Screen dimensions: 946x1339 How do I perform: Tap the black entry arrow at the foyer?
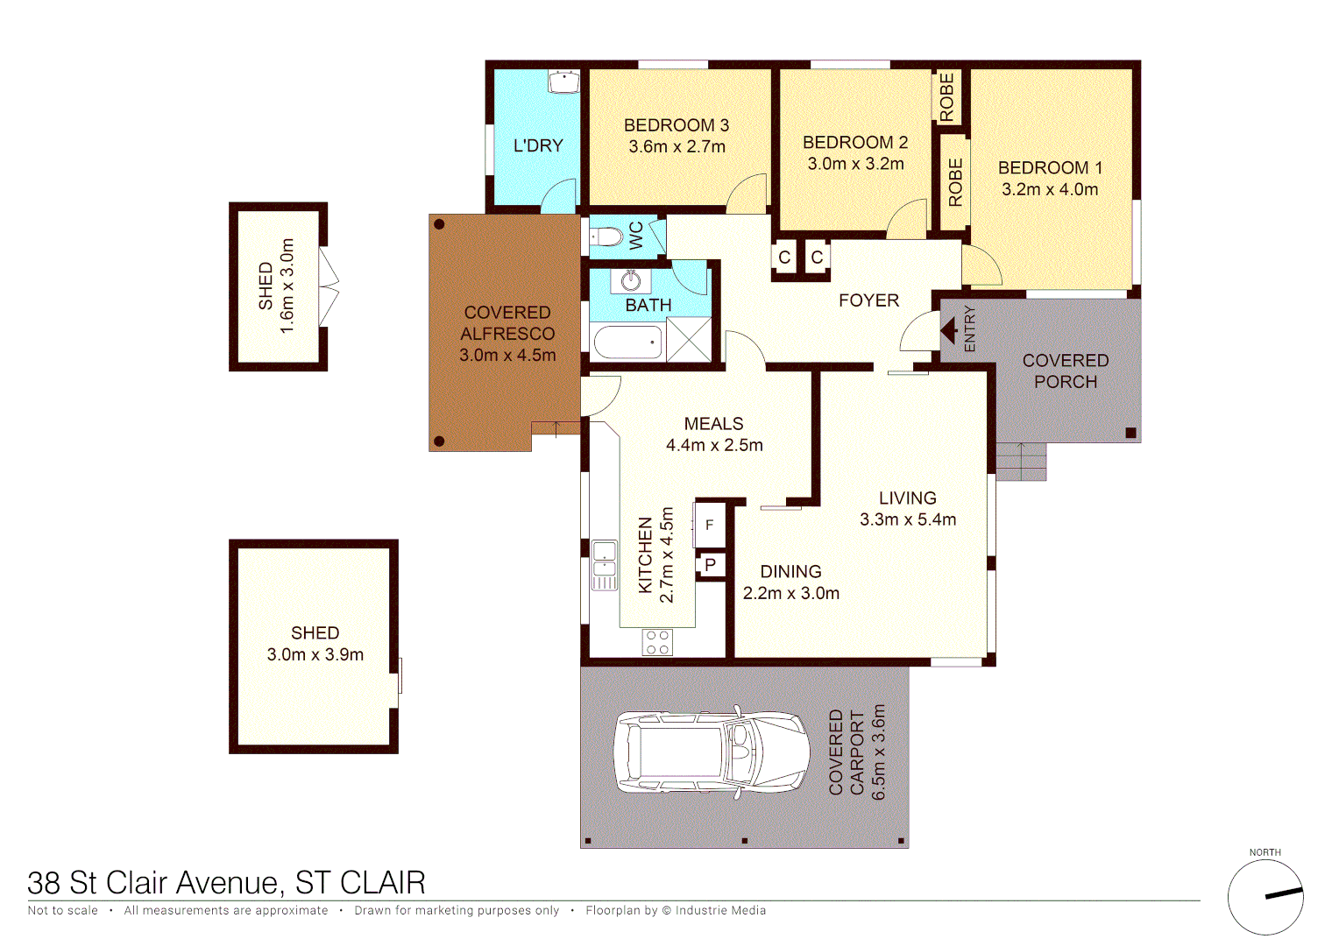[949, 330]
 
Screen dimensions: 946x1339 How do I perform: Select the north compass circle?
[1265, 897]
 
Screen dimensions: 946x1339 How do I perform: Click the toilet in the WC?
[607, 236]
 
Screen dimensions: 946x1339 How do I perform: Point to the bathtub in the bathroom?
[627, 342]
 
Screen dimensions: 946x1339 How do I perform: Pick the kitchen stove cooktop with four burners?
[657, 642]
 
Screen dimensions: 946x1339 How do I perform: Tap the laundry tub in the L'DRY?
[563, 81]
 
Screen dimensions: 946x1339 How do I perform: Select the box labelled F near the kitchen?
[710, 525]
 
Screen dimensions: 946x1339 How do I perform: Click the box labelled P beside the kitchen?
[711, 565]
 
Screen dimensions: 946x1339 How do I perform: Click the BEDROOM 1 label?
[1050, 167]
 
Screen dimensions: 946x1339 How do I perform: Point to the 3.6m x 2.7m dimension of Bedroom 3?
[677, 147]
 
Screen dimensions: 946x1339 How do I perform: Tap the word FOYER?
[868, 300]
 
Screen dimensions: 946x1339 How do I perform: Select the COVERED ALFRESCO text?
[507, 323]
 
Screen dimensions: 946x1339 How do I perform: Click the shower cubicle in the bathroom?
[689, 340]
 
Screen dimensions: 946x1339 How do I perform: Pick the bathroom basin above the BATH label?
[631, 280]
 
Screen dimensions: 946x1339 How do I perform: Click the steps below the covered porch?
[1021, 462]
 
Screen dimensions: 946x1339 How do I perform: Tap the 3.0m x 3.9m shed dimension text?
[315, 654]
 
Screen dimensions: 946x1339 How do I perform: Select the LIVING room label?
[907, 498]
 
